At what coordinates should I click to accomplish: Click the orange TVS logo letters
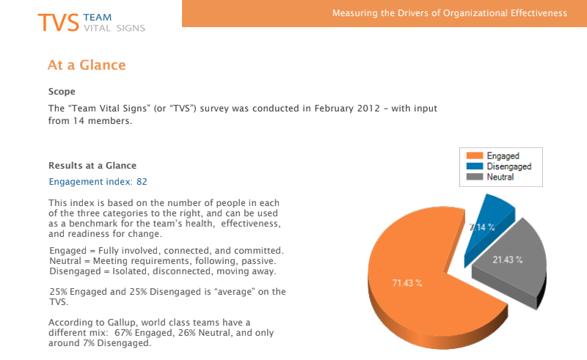point(59,23)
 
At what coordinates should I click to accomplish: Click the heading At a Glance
point(87,65)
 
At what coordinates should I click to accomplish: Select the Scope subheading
point(62,92)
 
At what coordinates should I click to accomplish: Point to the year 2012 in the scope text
point(368,109)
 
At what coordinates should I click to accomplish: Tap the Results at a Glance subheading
point(92,166)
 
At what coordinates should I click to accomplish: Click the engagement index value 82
point(142,182)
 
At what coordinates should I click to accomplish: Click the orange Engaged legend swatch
point(475,155)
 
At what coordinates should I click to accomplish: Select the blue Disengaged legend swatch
point(475,166)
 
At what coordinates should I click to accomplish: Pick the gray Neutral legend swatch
point(475,177)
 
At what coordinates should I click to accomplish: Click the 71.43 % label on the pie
point(407,283)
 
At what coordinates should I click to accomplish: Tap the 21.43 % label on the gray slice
point(508,260)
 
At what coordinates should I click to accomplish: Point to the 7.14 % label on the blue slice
point(482,227)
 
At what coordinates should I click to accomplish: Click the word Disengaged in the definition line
point(76,271)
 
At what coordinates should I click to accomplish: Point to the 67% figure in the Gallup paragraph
point(123,333)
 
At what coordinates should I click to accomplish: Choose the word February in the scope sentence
point(334,109)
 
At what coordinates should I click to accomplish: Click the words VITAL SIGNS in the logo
point(114,29)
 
